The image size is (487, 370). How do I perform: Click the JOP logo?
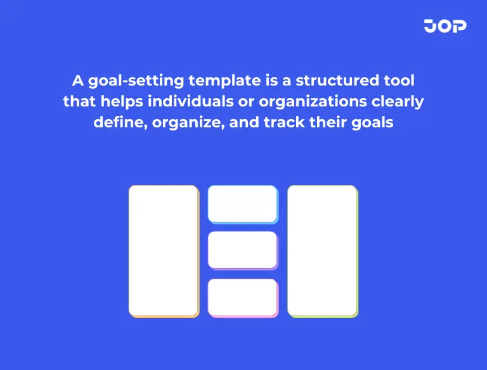445,26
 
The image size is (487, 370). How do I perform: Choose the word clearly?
400,101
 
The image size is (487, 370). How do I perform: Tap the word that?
79,101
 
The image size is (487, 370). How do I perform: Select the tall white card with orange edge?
164,250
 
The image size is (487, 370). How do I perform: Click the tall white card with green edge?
322,250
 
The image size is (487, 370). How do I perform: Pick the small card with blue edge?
242,203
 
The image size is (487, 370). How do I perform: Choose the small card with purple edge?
242,250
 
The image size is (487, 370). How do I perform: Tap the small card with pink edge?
242,297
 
